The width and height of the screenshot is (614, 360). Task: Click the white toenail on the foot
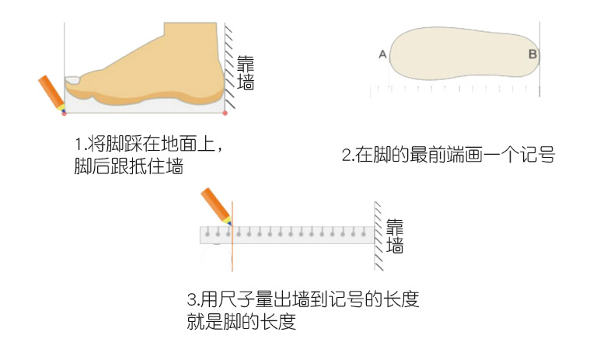click(72, 80)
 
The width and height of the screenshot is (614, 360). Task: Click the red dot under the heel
click(225, 114)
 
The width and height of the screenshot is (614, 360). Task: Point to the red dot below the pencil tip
click(64, 114)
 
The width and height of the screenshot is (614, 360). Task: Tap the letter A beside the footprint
click(382, 54)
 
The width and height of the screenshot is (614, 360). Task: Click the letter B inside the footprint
click(532, 54)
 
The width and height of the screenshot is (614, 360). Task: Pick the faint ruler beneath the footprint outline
click(455, 91)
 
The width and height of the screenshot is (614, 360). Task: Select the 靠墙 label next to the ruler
click(396, 236)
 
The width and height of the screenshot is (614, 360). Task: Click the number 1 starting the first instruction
click(78, 145)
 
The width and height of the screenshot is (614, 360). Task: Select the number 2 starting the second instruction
click(347, 155)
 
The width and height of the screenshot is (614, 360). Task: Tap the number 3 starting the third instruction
click(193, 300)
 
